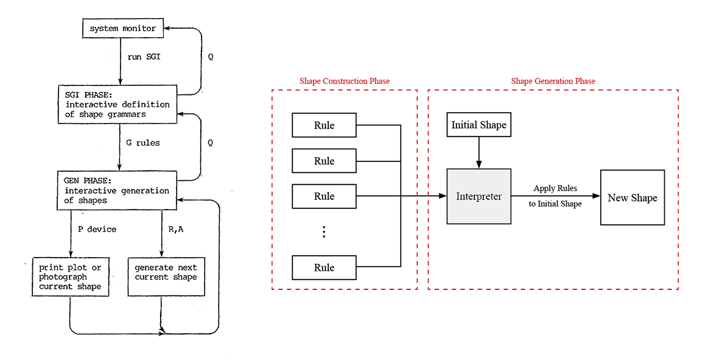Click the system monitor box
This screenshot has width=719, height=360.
point(122,29)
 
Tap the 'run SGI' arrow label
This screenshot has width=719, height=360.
point(144,57)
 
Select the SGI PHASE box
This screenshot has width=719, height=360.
point(117,104)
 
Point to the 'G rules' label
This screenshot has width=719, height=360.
point(143,143)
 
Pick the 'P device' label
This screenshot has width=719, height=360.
point(97,229)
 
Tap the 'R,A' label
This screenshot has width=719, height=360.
point(175,229)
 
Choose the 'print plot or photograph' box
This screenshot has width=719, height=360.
point(71,277)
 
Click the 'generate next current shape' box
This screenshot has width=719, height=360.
point(166,277)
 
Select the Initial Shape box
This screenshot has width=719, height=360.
point(479,125)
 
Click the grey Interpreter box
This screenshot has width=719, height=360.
point(479,196)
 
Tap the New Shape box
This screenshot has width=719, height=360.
point(633,197)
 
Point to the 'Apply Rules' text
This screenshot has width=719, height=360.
point(555,188)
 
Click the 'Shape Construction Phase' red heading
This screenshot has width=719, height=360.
point(345,81)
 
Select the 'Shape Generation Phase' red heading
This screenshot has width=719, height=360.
point(553,81)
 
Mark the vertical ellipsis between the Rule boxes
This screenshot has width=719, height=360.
point(324,231)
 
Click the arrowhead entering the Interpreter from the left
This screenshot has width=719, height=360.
point(443,196)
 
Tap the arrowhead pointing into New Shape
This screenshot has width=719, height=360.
point(597,196)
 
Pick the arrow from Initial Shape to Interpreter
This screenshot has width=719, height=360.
point(479,153)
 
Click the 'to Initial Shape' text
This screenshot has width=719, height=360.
point(555,203)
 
